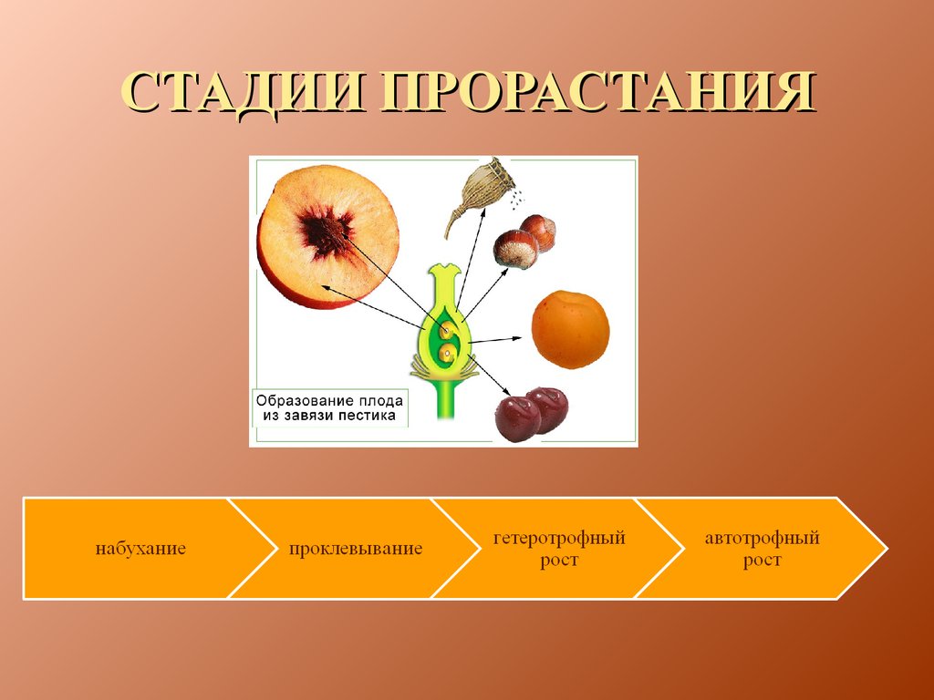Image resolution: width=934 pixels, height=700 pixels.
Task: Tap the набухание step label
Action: (x=140, y=548)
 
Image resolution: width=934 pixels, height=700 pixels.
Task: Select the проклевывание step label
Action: (x=356, y=548)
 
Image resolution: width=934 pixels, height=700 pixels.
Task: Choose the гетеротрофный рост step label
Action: (x=559, y=549)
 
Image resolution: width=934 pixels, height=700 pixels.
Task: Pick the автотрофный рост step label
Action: (x=762, y=549)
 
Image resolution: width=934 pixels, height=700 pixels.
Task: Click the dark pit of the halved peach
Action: (x=326, y=232)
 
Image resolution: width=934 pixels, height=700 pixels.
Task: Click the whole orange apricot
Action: (x=570, y=329)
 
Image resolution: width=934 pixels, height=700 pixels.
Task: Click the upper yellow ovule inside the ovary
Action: (x=447, y=329)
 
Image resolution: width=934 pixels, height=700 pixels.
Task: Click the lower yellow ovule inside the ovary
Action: (x=446, y=355)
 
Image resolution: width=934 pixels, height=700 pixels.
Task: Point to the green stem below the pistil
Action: (x=446, y=399)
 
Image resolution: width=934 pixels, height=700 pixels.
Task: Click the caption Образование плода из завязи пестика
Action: (x=329, y=407)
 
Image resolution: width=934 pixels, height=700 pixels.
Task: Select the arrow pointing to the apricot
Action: (x=495, y=340)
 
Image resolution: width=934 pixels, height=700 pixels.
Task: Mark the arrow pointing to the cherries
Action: (x=490, y=375)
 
